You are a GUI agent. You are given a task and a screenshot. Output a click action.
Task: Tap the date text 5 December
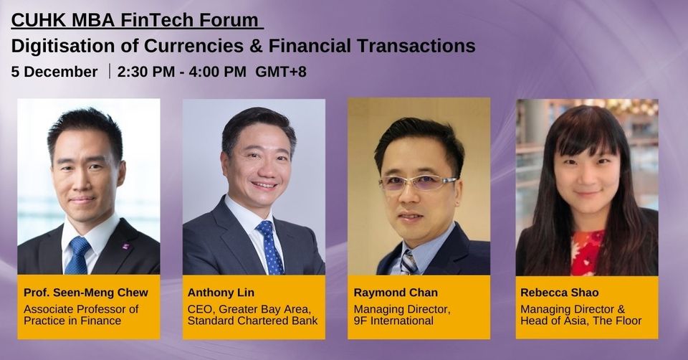54,72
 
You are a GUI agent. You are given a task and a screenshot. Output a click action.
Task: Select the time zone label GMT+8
281,72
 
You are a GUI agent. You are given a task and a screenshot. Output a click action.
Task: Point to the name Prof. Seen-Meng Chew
86,293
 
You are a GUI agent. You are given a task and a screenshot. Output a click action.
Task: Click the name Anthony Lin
221,293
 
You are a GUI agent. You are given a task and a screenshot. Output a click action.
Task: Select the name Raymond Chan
396,293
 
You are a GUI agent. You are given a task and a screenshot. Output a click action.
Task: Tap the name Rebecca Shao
560,293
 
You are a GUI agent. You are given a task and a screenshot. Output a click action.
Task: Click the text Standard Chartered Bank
252,321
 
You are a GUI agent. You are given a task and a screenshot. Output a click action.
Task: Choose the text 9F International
393,321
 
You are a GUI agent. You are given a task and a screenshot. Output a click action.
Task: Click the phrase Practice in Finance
72,321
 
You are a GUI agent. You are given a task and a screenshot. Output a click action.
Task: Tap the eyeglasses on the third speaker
418,183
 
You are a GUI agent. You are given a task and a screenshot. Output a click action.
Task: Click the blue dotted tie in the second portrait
270,248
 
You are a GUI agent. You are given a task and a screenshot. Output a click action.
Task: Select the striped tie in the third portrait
408,262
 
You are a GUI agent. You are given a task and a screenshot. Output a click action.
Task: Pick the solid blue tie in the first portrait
78,255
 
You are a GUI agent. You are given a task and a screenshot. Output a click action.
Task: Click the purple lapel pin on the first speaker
126,247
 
